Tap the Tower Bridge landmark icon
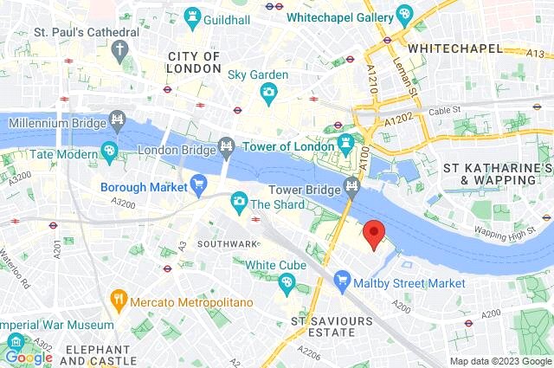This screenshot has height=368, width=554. (352, 184)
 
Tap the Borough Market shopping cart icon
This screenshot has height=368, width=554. (199, 184)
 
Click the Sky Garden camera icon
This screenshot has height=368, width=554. (269, 92)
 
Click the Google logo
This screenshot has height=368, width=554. (29, 357)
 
